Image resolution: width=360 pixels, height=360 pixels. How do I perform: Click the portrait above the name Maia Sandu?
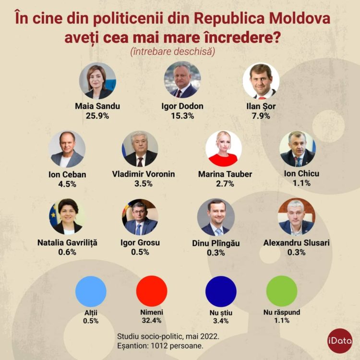(97, 80)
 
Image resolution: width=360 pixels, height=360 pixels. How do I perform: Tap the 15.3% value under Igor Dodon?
(182, 116)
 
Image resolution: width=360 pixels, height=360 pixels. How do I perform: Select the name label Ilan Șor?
(261, 106)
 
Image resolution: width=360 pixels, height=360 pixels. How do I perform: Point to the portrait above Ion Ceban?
(67, 149)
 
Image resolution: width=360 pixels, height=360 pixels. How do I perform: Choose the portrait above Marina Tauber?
(224, 149)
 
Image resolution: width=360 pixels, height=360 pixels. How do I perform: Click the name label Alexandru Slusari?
(296, 242)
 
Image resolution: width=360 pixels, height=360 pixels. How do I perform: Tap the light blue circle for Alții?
(91, 291)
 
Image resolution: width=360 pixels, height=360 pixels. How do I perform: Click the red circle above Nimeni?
(152, 291)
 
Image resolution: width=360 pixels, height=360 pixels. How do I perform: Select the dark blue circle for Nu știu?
(221, 291)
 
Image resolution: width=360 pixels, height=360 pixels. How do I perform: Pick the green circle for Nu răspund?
(282, 291)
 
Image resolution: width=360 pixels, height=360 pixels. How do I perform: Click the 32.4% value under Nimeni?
(152, 320)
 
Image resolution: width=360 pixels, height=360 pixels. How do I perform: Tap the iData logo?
(340, 340)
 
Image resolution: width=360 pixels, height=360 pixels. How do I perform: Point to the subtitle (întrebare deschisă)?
(180, 51)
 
